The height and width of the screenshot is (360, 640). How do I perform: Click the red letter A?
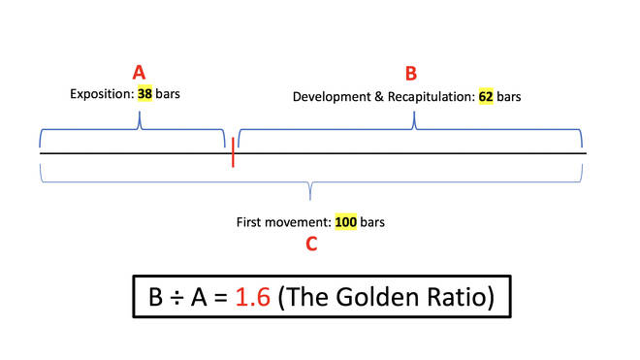coord(139,73)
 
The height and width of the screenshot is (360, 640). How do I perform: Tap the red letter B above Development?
coord(411,74)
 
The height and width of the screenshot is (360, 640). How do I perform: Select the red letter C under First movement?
coord(311,244)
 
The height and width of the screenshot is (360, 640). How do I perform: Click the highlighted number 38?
coord(144,94)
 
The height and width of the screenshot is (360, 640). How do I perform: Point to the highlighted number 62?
coord(486,97)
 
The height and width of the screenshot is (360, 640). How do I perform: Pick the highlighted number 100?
coord(346,222)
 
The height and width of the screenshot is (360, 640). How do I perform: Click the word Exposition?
coord(102,94)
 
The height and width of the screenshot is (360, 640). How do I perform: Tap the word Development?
coord(332,97)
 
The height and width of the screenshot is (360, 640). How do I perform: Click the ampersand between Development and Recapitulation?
coord(379,97)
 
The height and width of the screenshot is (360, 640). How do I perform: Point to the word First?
coord(248,222)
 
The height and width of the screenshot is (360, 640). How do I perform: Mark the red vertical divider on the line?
coord(233,152)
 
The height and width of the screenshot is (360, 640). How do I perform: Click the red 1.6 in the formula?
coord(253,297)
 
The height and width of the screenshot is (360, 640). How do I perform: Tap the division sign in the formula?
coord(176,297)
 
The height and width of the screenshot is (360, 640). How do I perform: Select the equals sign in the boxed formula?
coord(220,298)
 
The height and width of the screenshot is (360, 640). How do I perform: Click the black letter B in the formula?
coord(155,297)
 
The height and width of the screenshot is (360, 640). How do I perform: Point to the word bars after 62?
coord(508,97)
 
